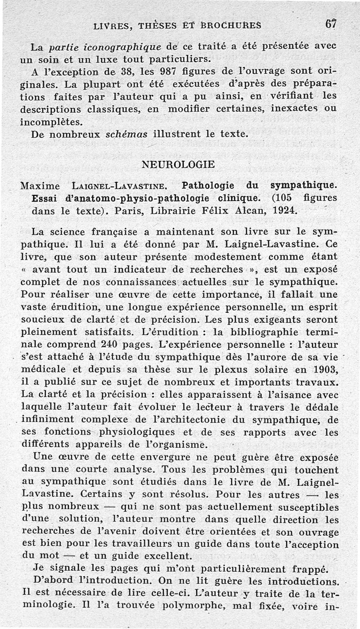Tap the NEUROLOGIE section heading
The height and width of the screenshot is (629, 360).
point(178,164)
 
